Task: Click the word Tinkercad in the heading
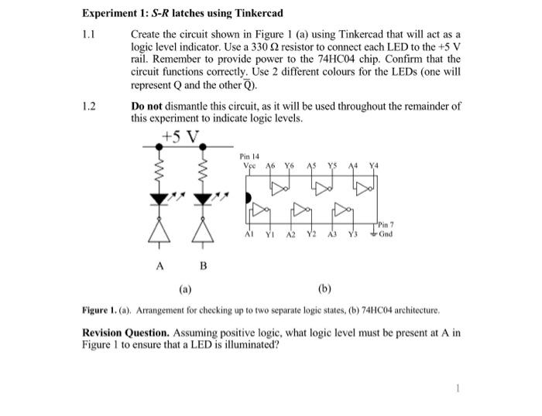pos(254,14)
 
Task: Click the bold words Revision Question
pos(126,332)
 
